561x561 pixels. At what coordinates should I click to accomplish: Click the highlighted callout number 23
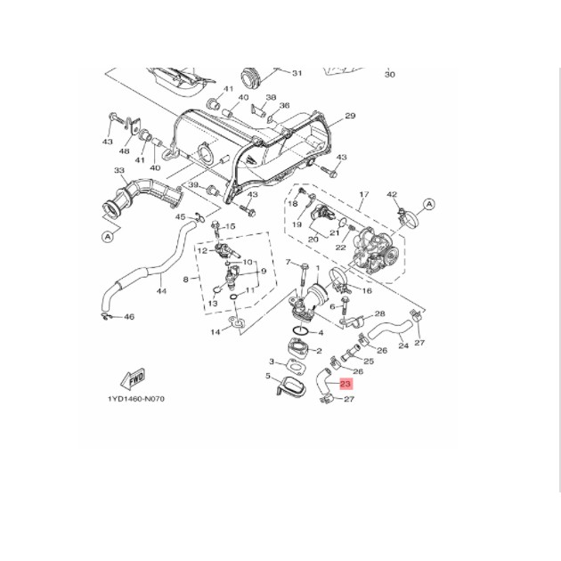(x=346, y=385)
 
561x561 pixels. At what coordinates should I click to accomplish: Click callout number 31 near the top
(x=297, y=73)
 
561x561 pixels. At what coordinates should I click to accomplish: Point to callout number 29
(x=350, y=116)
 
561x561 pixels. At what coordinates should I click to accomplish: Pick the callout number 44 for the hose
(x=161, y=290)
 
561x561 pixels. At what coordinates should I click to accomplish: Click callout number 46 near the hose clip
(x=129, y=317)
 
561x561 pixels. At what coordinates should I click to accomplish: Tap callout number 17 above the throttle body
(x=363, y=194)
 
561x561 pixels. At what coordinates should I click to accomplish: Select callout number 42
(x=391, y=194)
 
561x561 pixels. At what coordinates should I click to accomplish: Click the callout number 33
(x=119, y=170)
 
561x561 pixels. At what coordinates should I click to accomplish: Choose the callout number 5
(x=267, y=377)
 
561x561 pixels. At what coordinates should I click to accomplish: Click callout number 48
(x=125, y=151)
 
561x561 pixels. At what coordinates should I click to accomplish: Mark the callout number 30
(x=389, y=75)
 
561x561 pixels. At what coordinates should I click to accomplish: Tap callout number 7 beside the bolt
(x=289, y=262)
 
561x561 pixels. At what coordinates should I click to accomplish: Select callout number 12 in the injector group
(x=202, y=251)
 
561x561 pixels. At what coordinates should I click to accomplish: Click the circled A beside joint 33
(x=108, y=237)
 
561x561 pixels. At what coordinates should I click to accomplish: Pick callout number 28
(x=379, y=314)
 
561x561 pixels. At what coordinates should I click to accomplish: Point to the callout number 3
(x=271, y=361)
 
